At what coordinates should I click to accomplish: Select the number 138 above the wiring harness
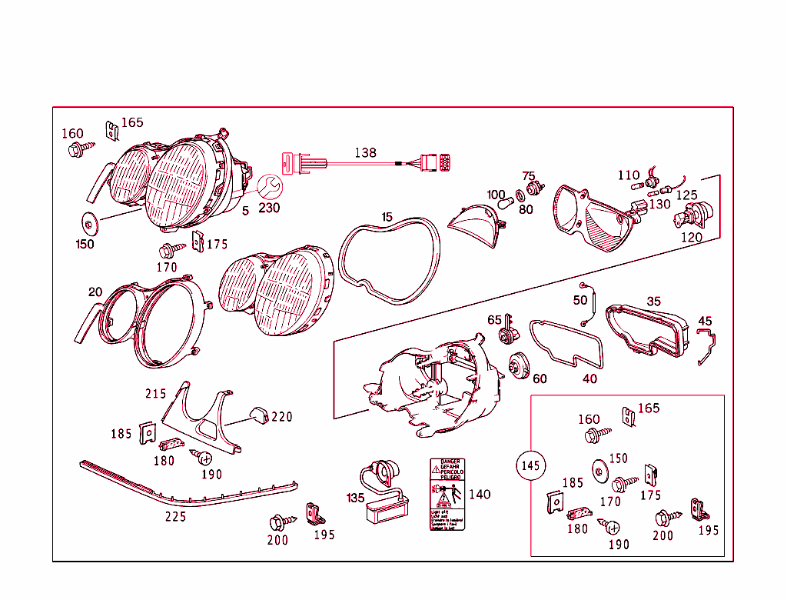tap(365, 153)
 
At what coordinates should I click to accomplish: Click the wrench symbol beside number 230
tap(269, 187)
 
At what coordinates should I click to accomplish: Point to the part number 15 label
tap(387, 218)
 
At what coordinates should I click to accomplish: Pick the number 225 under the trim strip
tap(175, 517)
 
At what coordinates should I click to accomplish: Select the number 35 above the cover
tap(653, 302)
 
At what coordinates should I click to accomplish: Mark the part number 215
tap(156, 393)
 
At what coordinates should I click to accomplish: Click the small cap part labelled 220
tap(257, 415)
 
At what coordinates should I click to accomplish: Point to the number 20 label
tap(95, 292)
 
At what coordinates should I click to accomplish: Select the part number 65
tap(494, 320)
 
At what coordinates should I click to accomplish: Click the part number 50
tap(580, 299)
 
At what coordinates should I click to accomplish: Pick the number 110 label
tap(628, 175)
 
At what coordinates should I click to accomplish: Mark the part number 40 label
tap(589, 378)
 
